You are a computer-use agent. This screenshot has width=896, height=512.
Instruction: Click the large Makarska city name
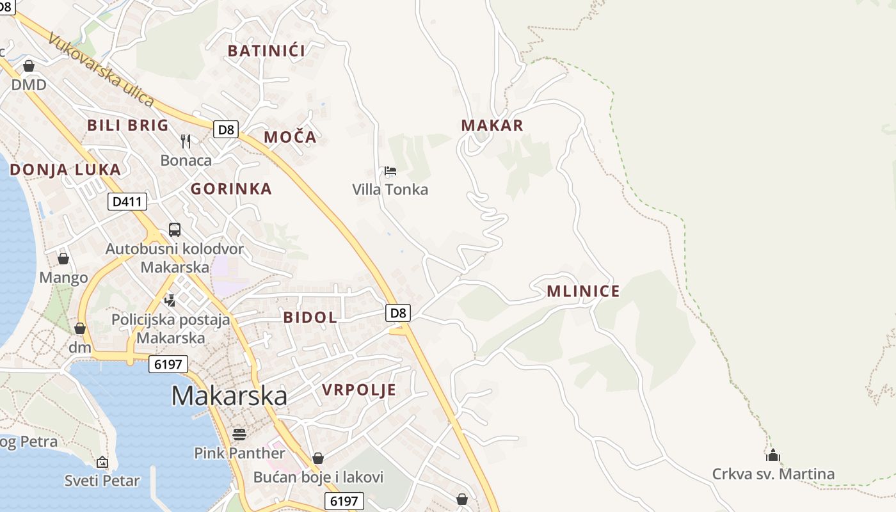[x=229, y=396]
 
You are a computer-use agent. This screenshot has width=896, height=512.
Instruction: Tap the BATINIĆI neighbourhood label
[x=266, y=51]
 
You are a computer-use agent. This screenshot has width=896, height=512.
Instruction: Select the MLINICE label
[x=583, y=292]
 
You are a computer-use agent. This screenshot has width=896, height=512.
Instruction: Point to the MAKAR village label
[x=492, y=125]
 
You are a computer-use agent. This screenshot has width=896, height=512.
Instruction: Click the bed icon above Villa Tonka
[x=390, y=171]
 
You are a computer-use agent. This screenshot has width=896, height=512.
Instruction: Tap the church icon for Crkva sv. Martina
[x=773, y=456]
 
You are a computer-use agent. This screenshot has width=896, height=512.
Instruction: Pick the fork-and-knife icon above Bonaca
[x=186, y=141]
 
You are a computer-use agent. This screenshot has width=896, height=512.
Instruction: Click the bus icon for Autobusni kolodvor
[x=175, y=229]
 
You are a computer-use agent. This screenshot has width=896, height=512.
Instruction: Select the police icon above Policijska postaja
[x=170, y=300]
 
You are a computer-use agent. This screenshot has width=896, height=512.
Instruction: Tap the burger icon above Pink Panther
[x=239, y=435]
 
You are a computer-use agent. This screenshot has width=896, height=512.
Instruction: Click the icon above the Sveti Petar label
[x=102, y=462]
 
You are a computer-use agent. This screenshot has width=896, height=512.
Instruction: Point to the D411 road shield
[x=127, y=202]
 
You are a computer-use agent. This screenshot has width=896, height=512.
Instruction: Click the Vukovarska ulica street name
[x=101, y=70]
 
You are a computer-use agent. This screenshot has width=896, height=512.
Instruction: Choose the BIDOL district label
[x=310, y=317]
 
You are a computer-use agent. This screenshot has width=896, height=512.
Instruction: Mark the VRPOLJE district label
[x=359, y=390]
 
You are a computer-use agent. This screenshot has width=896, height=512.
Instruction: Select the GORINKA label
[x=231, y=189]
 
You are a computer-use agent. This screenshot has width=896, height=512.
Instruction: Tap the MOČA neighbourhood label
[x=290, y=137]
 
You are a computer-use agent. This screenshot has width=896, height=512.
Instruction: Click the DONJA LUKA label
[x=65, y=170]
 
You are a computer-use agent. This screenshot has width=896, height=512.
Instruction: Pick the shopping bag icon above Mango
[x=63, y=259]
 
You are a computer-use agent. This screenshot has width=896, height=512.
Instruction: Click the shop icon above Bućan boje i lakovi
[x=318, y=458]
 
